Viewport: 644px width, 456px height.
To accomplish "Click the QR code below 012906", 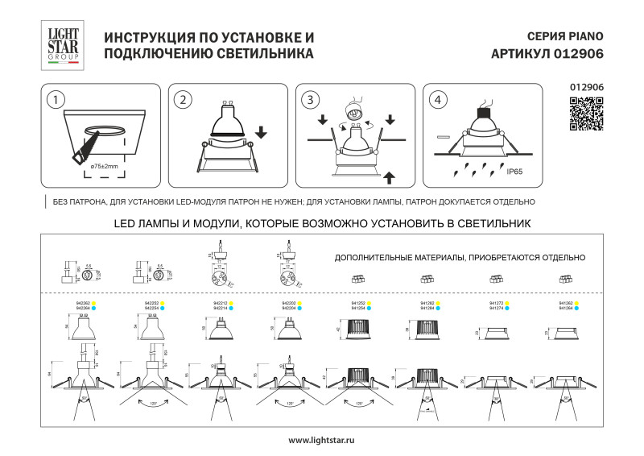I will tap(586, 114).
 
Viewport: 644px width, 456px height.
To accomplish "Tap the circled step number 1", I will tap(55, 100).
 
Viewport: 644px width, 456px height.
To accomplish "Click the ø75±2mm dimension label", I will tap(104, 166).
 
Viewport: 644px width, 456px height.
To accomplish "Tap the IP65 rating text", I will tap(515, 172).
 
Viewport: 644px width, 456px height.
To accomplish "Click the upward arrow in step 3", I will tap(390, 175).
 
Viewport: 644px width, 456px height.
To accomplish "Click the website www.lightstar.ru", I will tap(321, 440).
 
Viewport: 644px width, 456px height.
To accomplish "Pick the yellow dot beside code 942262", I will tap(93, 303).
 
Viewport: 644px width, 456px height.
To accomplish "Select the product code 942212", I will tap(217, 303).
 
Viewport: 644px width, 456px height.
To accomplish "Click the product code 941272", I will tap(496, 303).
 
